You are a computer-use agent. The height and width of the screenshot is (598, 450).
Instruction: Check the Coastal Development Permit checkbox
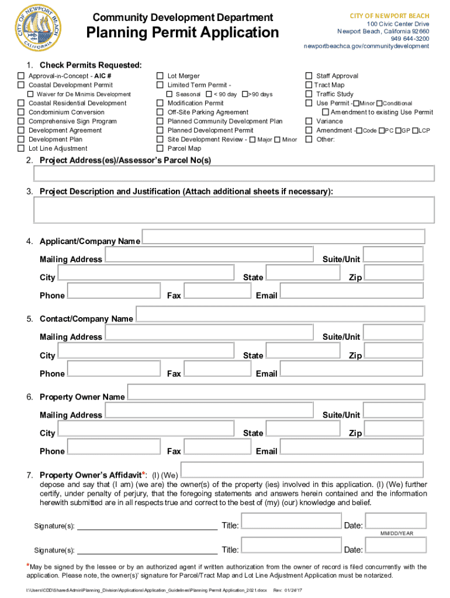(21, 85)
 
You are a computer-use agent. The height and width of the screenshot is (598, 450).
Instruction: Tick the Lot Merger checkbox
(160, 76)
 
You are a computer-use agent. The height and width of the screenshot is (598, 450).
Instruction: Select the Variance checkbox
(309, 121)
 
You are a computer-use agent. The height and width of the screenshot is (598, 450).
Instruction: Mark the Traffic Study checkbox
(309, 94)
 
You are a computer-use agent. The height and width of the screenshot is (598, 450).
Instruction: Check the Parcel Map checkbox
(160, 148)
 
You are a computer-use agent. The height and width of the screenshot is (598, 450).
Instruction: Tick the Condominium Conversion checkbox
(21, 112)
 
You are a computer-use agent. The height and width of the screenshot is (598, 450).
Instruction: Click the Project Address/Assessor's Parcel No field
(234, 173)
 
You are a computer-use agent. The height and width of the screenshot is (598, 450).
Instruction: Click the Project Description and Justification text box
(234, 210)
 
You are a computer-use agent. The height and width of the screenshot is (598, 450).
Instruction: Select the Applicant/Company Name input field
(283, 237)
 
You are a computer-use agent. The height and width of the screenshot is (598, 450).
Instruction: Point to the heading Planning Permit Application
(183, 33)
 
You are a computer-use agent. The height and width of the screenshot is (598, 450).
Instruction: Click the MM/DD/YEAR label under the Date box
(397, 534)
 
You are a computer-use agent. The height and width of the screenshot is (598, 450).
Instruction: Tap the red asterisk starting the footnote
(27, 566)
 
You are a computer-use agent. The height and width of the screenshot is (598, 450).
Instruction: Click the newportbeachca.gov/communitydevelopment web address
(366, 46)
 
